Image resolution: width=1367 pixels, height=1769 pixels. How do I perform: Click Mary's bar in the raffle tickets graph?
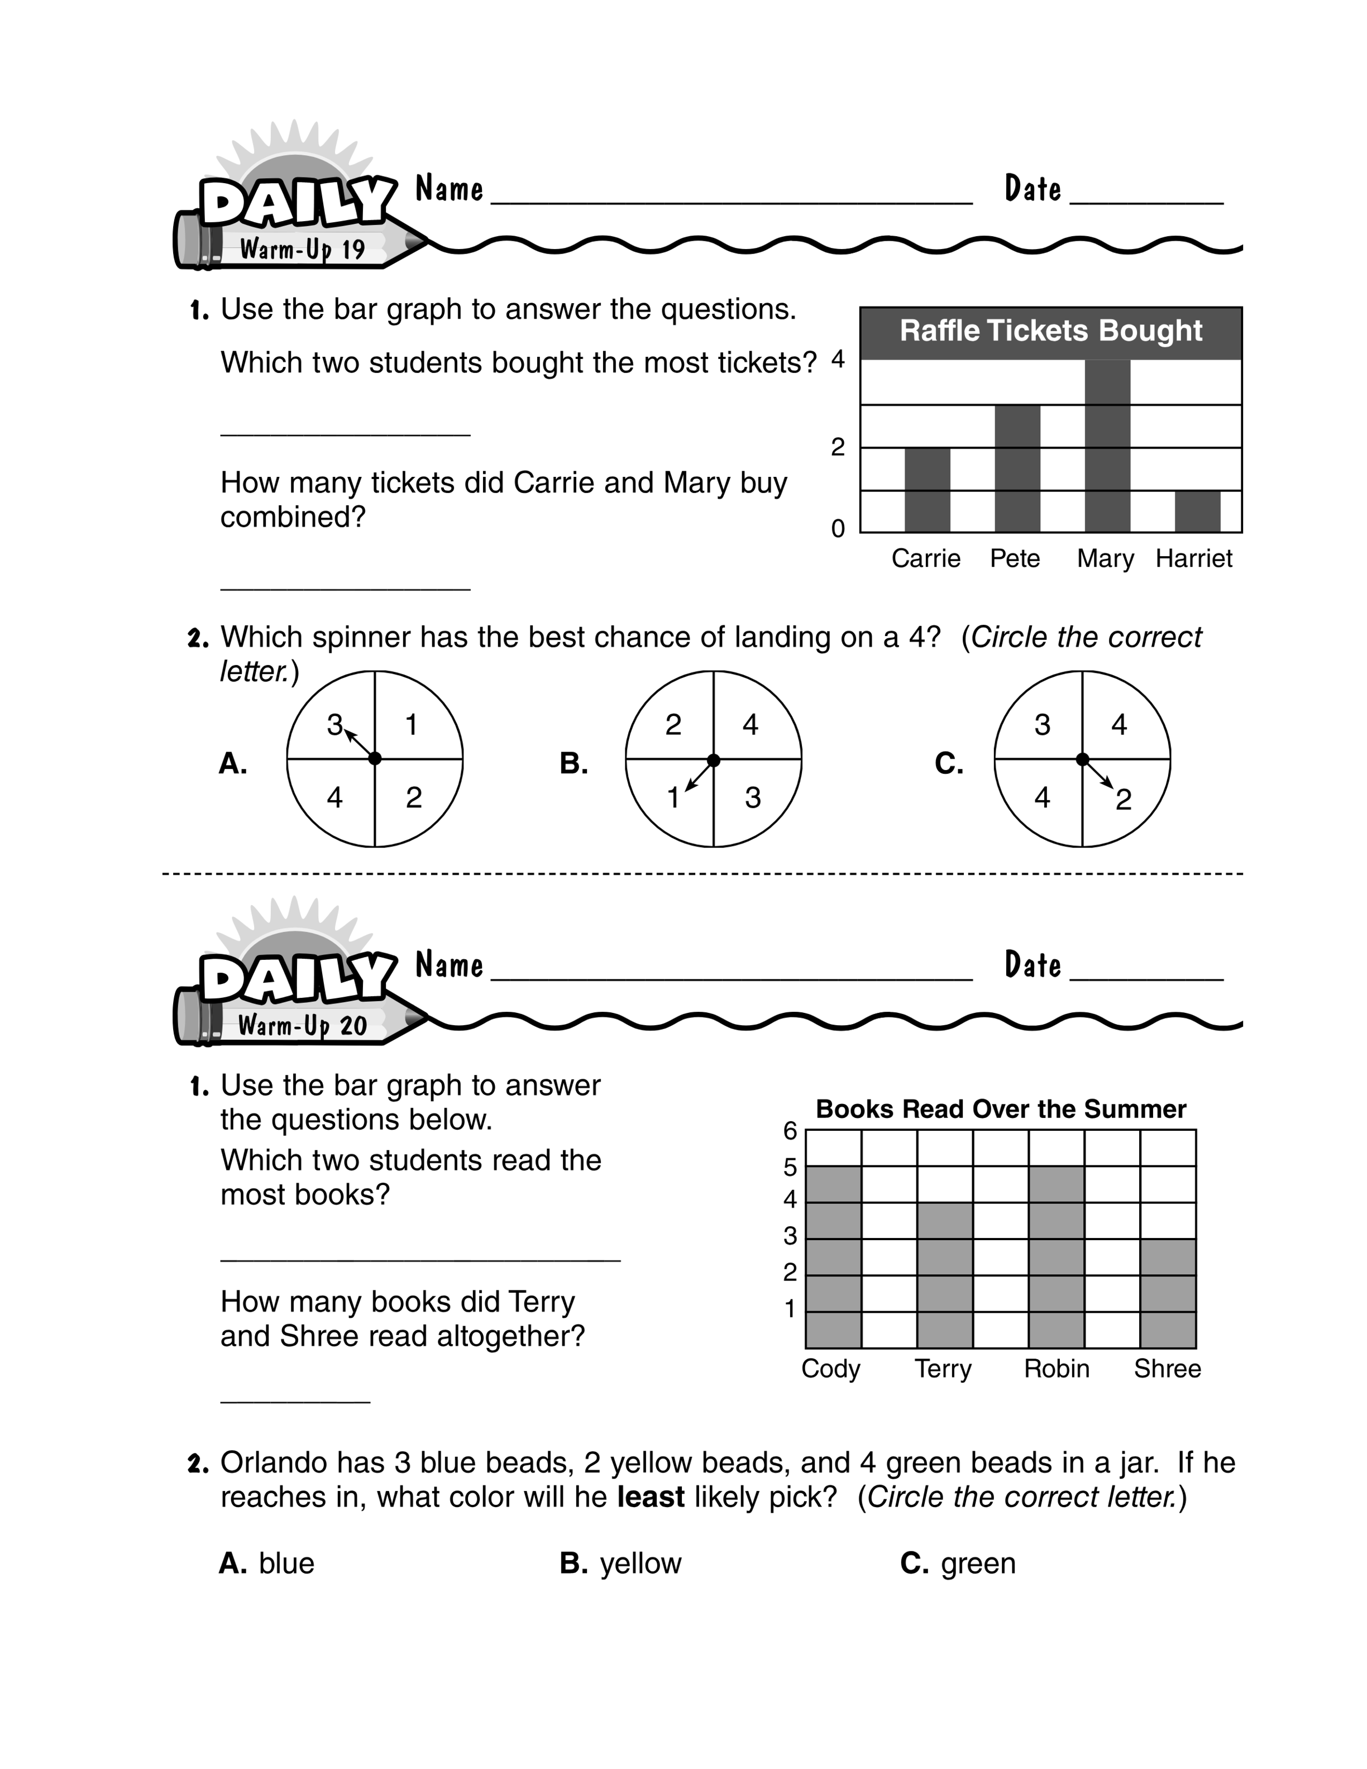(1107, 446)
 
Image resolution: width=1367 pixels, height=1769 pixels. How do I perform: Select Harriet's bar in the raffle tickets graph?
(1197, 511)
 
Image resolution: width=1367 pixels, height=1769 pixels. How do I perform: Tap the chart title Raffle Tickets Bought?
(1050, 331)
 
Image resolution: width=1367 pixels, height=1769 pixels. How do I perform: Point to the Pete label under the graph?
(1015, 558)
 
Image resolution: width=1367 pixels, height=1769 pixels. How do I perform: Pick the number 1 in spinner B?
(673, 798)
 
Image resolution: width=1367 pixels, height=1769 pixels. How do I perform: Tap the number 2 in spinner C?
(1123, 800)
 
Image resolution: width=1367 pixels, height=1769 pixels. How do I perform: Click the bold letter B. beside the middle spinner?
(573, 763)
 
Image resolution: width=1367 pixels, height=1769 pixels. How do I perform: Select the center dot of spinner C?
(1082, 759)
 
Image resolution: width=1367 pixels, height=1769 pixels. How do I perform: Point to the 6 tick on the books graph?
(790, 1131)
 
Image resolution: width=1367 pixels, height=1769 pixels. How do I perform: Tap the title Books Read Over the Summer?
(1001, 1109)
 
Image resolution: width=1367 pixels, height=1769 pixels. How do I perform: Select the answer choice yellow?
(641, 1564)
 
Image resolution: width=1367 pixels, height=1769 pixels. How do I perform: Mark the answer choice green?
(978, 1564)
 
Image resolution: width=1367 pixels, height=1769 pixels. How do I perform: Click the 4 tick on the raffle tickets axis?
(838, 359)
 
